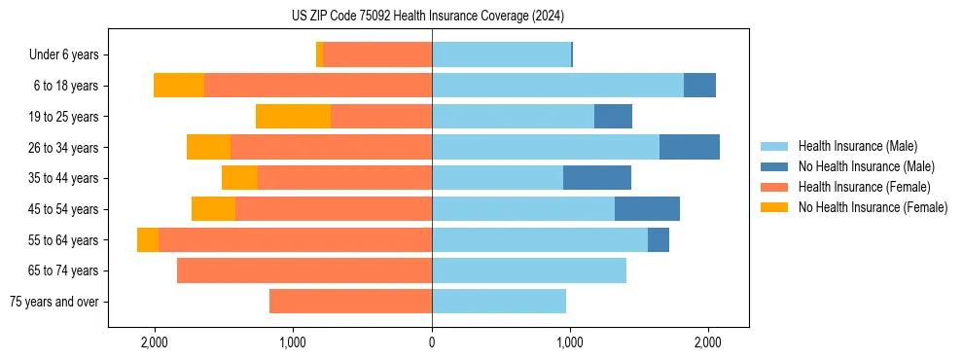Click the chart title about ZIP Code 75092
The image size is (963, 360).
pos(427,16)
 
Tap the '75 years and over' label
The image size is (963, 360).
pos(53,302)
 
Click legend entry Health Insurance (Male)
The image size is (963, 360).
pos(857,146)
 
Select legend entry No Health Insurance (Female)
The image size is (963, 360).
pos(873,207)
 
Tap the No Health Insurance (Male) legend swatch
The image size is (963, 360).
pos(774,166)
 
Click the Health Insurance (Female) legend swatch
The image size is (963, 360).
pos(774,187)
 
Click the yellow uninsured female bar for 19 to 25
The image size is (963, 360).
pos(293,117)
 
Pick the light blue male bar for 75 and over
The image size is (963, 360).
pos(499,302)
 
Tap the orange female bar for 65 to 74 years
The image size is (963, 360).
pos(304,270)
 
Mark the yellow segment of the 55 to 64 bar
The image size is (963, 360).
pos(148,239)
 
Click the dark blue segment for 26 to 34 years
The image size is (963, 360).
pos(690,147)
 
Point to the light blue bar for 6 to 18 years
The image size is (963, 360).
pos(557,86)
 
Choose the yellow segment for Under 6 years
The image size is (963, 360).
pos(319,54)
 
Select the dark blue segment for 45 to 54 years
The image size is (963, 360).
pos(647,209)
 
